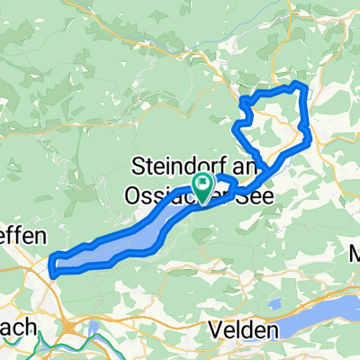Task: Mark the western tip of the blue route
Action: (x=51, y=266)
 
